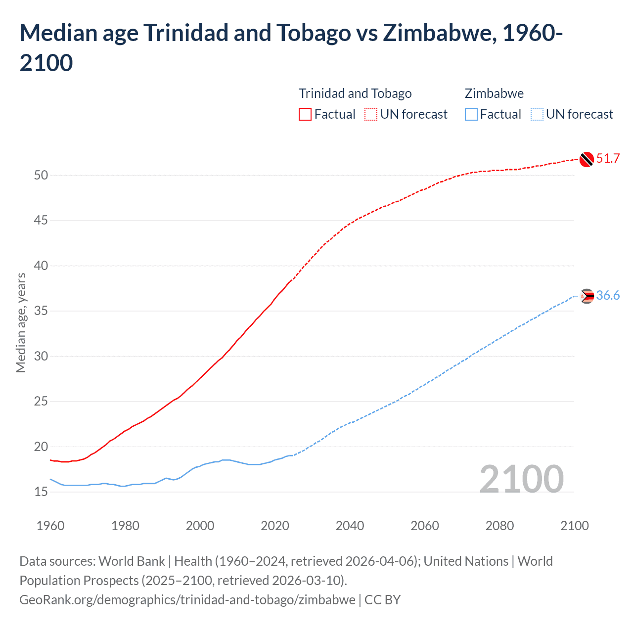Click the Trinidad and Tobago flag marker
point(587,159)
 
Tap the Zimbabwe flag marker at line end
point(587,296)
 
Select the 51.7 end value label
point(608,158)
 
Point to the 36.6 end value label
point(608,296)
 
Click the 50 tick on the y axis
point(41,175)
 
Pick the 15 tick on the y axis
point(41,492)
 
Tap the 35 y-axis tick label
point(41,311)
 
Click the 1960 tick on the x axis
point(50,526)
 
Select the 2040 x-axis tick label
point(350,526)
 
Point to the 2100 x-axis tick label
point(574,526)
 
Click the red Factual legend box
point(305,114)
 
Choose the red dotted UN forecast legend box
point(371,114)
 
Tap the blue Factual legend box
point(471,114)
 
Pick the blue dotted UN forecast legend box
point(537,114)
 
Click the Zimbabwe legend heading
point(494,93)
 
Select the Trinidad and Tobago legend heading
point(355,93)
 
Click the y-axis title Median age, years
point(21,322)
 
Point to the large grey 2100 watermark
point(521,479)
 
